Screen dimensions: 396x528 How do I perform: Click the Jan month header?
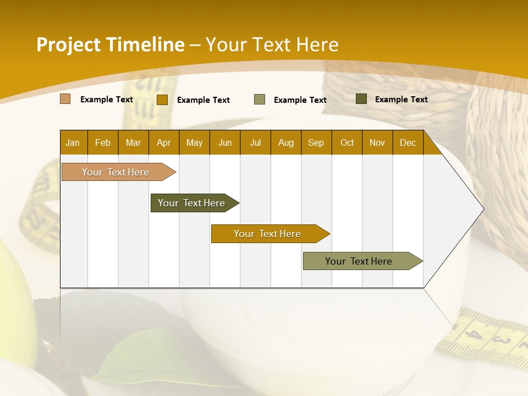[73, 143]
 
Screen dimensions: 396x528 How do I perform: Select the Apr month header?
[163, 143]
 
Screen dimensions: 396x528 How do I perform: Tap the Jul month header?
[255, 143]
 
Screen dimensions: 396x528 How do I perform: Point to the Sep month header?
[316, 143]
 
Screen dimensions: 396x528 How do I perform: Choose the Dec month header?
[408, 143]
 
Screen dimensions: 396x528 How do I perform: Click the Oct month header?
[347, 143]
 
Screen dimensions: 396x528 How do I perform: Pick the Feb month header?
[103, 143]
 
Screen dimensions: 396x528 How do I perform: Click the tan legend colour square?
[65, 99]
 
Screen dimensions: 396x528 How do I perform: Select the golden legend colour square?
[162, 100]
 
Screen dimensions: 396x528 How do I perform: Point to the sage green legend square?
[260, 100]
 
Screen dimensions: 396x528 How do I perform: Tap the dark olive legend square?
[361, 99]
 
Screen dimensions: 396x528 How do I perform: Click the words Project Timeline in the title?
[111, 45]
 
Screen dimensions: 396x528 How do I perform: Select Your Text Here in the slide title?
[272, 45]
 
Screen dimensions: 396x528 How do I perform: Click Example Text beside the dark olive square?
[401, 100]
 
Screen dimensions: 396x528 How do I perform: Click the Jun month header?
[225, 143]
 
